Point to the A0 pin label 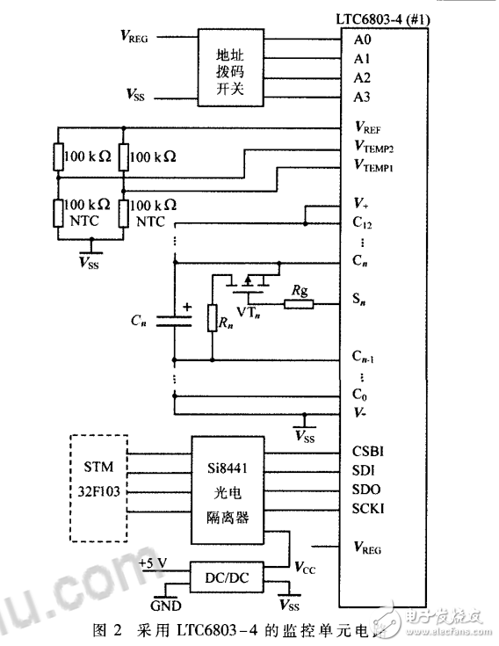(x=362, y=40)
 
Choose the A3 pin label (x=362, y=96)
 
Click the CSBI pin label (x=367, y=453)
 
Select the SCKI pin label (x=367, y=509)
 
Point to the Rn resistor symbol (x=212, y=318)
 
